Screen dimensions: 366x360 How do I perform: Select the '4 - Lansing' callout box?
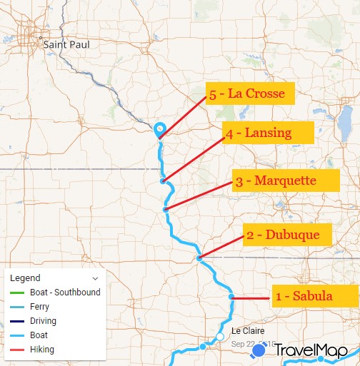click(x=259, y=133)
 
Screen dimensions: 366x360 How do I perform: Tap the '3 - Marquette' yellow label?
click(x=284, y=181)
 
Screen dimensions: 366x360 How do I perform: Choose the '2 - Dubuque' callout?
click(x=288, y=235)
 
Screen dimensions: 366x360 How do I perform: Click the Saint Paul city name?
click(x=66, y=44)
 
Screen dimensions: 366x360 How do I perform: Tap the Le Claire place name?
click(x=247, y=331)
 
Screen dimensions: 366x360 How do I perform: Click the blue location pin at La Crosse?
click(x=160, y=129)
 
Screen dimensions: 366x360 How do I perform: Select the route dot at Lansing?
click(x=163, y=181)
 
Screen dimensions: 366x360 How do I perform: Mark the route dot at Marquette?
click(x=166, y=209)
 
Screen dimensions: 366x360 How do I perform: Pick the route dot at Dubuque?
click(x=199, y=258)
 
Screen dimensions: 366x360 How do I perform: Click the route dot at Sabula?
click(x=231, y=297)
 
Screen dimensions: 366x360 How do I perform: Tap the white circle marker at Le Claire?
click(x=220, y=337)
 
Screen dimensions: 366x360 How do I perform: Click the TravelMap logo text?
click(x=311, y=350)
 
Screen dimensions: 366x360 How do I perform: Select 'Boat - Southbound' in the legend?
click(x=65, y=293)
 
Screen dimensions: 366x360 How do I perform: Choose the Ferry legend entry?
click(x=42, y=307)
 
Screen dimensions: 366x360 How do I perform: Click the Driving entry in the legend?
click(x=44, y=321)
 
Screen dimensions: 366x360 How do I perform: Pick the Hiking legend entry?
click(x=42, y=350)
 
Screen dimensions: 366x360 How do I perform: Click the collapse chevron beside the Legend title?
click(x=95, y=278)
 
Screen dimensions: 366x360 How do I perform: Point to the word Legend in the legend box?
click(x=26, y=278)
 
